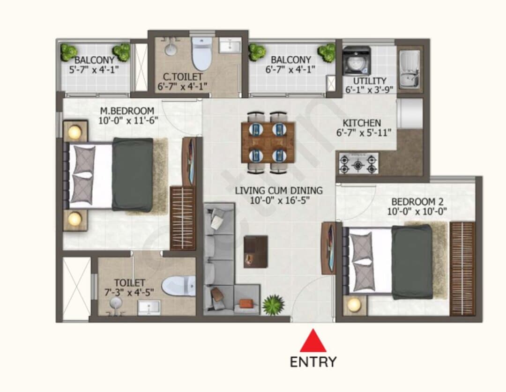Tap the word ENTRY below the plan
[x=313, y=362]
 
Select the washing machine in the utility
[x=357, y=60]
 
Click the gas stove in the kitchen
[x=358, y=163]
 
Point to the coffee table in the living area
[x=256, y=251]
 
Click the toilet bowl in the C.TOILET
[x=201, y=53]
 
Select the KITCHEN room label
[x=362, y=123]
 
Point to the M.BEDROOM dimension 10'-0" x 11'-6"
[x=128, y=121]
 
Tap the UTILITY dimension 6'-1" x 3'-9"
[x=370, y=90]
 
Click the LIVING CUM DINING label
[x=279, y=190]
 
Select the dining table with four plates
[x=268, y=142]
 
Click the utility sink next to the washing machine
[x=409, y=69]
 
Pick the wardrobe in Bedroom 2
[x=462, y=268]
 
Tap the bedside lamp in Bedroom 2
[x=354, y=304]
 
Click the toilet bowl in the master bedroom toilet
[x=179, y=286]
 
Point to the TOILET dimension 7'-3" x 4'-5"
[x=129, y=293]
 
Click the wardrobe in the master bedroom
[x=183, y=218]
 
